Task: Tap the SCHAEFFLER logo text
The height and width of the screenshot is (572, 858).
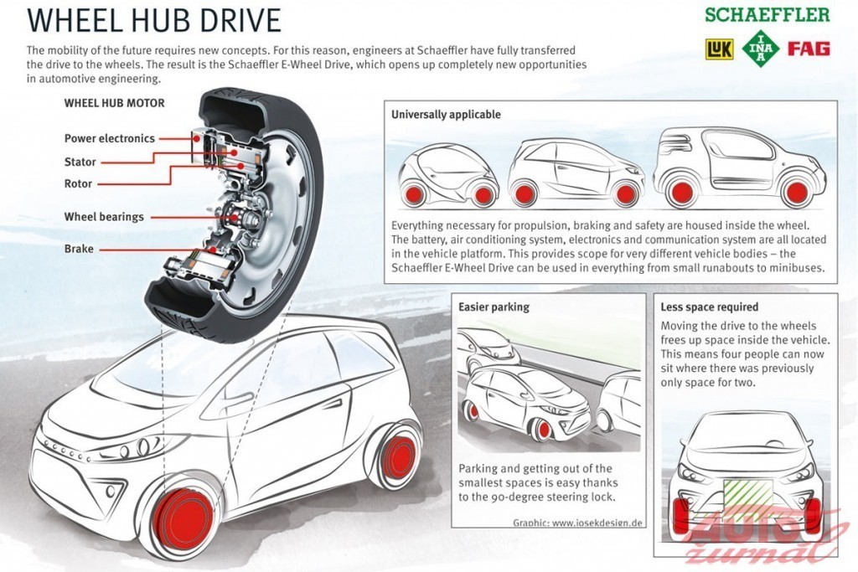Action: (x=767, y=15)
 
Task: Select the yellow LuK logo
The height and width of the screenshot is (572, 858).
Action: (x=718, y=49)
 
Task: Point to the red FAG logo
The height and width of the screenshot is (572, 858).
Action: (x=809, y=49)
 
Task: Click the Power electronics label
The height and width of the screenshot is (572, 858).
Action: (x=109, y=138)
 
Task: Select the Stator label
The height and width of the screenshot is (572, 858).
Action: (x=80, y=162)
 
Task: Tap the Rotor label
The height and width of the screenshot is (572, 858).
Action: (x=78, y=183)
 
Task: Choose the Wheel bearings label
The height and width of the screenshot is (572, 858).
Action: (x=104, y=217)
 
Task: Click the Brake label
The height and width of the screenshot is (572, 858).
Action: (x=79, y=249)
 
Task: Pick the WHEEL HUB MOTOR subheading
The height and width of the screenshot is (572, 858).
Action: (x=114, y=103)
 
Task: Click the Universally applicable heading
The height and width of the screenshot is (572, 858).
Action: (x=446, y=114)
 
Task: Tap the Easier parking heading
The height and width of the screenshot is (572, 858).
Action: (x=494, y=307)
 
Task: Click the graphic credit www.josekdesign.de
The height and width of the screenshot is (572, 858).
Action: (x=577, y=523)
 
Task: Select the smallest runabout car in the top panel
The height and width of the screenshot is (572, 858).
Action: (x=447, y=176)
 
